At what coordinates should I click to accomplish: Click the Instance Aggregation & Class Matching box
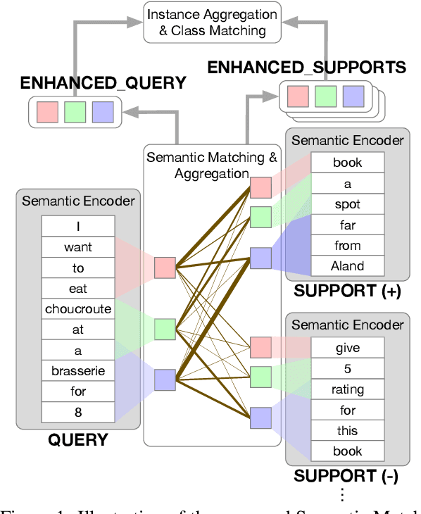point(212,22)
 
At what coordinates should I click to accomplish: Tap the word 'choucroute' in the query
point(78,308)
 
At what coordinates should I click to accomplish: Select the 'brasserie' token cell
point(78,370)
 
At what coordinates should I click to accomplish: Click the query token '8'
point(78,411)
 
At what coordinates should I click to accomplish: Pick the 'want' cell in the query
point(78,247)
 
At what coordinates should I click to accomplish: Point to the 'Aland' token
point(348,265)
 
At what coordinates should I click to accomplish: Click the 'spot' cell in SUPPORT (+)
point(348,204)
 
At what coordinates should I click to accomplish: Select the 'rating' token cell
point(348,389)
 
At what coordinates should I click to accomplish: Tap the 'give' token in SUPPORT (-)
point(348,347)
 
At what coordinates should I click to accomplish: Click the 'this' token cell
point(348,430)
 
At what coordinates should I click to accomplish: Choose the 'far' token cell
point(348,225)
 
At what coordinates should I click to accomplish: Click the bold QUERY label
point(77,441)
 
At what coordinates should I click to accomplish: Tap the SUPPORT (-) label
point(346,476)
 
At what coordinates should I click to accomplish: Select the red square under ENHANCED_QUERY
point(46,111)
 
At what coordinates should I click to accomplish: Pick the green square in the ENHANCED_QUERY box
point(74,111)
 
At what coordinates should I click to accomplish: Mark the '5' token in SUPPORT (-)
point(348,368)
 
